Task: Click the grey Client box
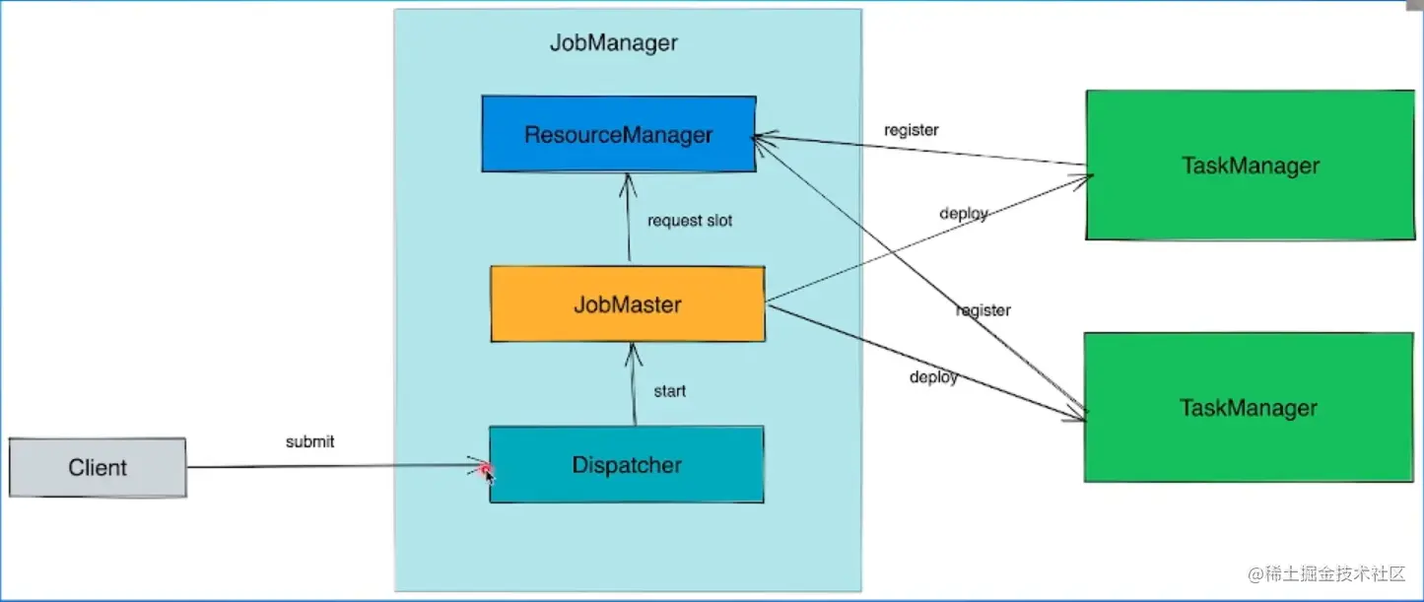pyautogui.click(x=98, y=467)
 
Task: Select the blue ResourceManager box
pyautogui.click(x=619, y=134)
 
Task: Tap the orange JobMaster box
pyautogui.click(x=628, y=303)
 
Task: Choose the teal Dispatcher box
pyautogui.click(x=627, y=465)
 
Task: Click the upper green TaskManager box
pyautogui.click(x=1251, y=166)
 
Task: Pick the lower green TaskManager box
pyautogui.click(x=1249, y=408)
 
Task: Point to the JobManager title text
pyautogui.click(x=614, y=42)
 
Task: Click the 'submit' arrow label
pyautogui.click(x=309, y=441)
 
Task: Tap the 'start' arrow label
pyautogui.click(x=669, y=391)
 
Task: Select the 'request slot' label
pyautogui.click(x=690, y=221)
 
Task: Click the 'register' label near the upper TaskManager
pyautogui.click(x=911, y=130)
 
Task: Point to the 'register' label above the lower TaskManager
pyautogui.click(x=983, y=311)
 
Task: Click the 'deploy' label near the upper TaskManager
pyautogui.click(x=964, y=214)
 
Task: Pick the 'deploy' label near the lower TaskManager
pyautogui.click(x=934, y=377)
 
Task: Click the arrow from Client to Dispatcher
pyautogui.click(x=338, y=466)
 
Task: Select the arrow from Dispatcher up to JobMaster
pyautogui.click(x=634, y=384)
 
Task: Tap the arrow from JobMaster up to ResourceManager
pyautogui.click(x=628, y=217)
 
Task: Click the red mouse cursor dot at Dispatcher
pyautogui.click(x=485, y=470)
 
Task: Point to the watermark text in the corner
pyautogui.click(x=1326, y=574)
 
